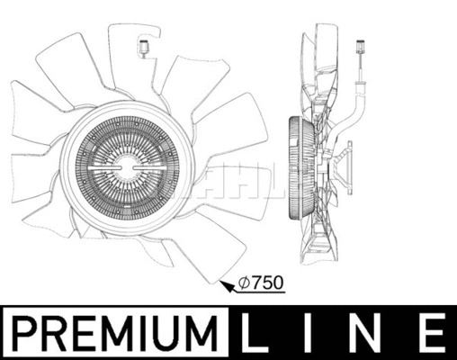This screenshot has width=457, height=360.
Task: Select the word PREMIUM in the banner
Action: (x=116, y=332)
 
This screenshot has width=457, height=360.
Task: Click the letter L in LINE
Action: (x=257, y=332)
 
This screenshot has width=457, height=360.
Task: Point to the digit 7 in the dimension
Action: (x=253, y=283)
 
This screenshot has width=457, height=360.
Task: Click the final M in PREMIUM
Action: (x=209, y=332)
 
